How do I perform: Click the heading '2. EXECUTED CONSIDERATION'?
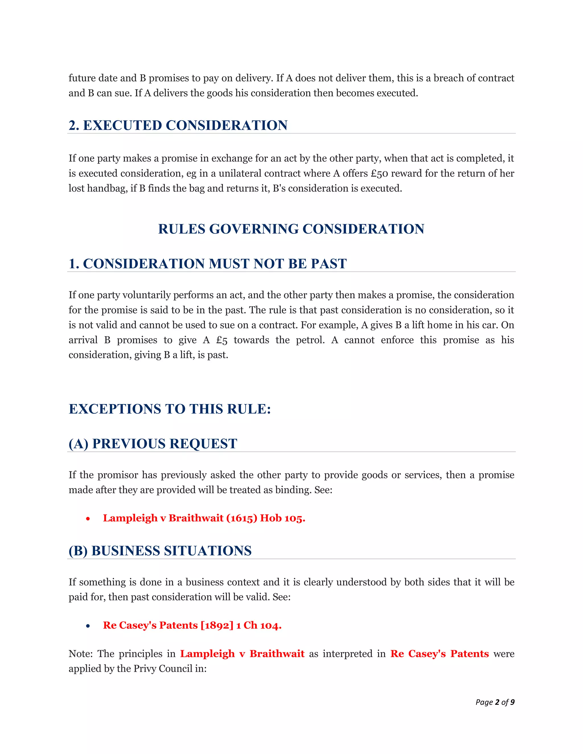coord(178,125)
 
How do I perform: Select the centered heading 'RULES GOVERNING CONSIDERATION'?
coord(291,229)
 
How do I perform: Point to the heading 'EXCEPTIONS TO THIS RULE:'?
coord(170,409)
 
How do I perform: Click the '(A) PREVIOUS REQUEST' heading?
coord(153,444)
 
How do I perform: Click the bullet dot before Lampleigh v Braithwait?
coord(88,518)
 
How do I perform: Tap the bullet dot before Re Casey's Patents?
coord(88,626)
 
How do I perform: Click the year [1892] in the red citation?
coord(217,625)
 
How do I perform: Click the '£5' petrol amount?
coord(222,340)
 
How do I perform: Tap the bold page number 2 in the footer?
coord(497,702)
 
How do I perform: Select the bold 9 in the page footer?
coord(512,702)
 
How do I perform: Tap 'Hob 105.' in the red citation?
coord(282,518)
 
